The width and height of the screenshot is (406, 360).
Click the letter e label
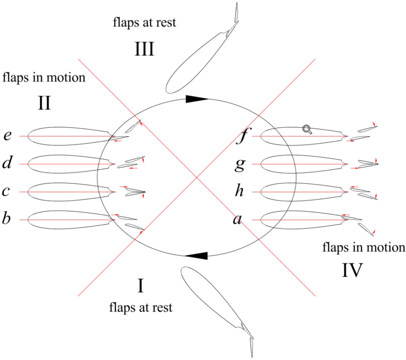pyautogui.click(x=7, y=136)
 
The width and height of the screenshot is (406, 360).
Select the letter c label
pyautogui.click(x=6, y=191)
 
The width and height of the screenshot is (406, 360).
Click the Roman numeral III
pyautogui.click(x=144, y=49)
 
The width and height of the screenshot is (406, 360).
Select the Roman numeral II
pyautogui.click(x=44, y=103)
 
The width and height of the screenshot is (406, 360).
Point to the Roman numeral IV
pyautogui.click(x=352, y=271)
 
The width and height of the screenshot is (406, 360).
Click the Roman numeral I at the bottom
pyautogui.click(x=141, y=286)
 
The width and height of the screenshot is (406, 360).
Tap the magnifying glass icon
pyautogui.click(x=307, y=130)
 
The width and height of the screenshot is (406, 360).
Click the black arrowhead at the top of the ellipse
pyautogui.click(x=197, y=99)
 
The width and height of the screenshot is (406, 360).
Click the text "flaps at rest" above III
pyautogui.click(x=145, y=22)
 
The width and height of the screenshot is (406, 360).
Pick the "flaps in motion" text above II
pyautogui.click(x=44, y=78)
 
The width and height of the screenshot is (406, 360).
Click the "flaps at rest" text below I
pyautogui.click(x=141, y=307)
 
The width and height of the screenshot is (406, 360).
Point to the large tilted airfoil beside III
pyautogui.click(x=196, y=61)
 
